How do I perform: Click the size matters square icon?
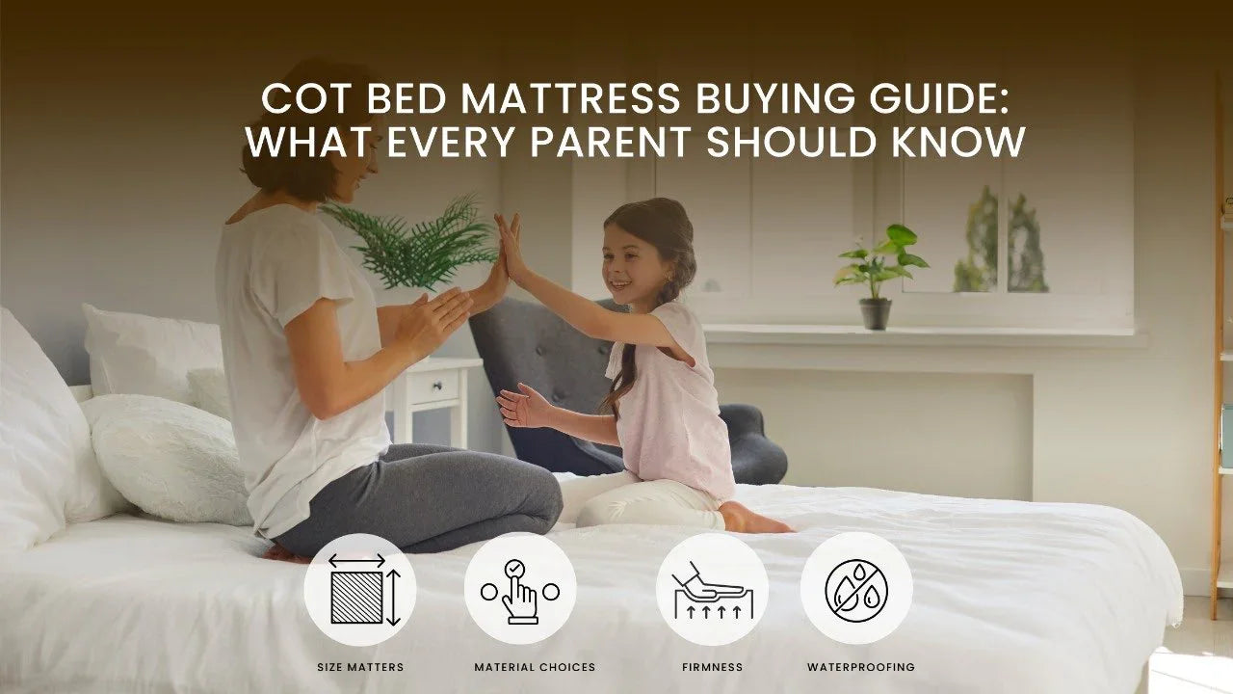click(359, 590)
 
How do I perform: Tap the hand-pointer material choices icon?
click(520, 590)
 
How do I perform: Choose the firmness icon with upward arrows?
click(712, 590)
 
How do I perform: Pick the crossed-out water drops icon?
click(856, 589)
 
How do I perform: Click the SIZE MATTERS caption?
click(360, 667)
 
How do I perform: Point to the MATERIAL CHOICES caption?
click(535, 667)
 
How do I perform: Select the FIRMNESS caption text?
click(712, 667)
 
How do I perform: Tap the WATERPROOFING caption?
click(861, 667)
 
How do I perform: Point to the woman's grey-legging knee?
click(525, 492)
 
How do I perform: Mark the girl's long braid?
click(621, 371)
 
